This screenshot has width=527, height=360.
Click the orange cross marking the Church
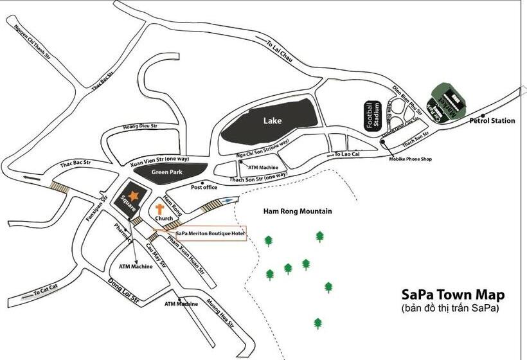[161, 209]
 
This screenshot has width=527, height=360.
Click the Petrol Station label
[492, 120]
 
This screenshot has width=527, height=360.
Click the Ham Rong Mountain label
[298, 211]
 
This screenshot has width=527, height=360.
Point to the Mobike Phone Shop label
[410, 159]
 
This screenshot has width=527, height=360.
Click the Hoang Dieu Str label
[140, 127]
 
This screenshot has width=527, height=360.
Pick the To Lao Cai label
[348, 155]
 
